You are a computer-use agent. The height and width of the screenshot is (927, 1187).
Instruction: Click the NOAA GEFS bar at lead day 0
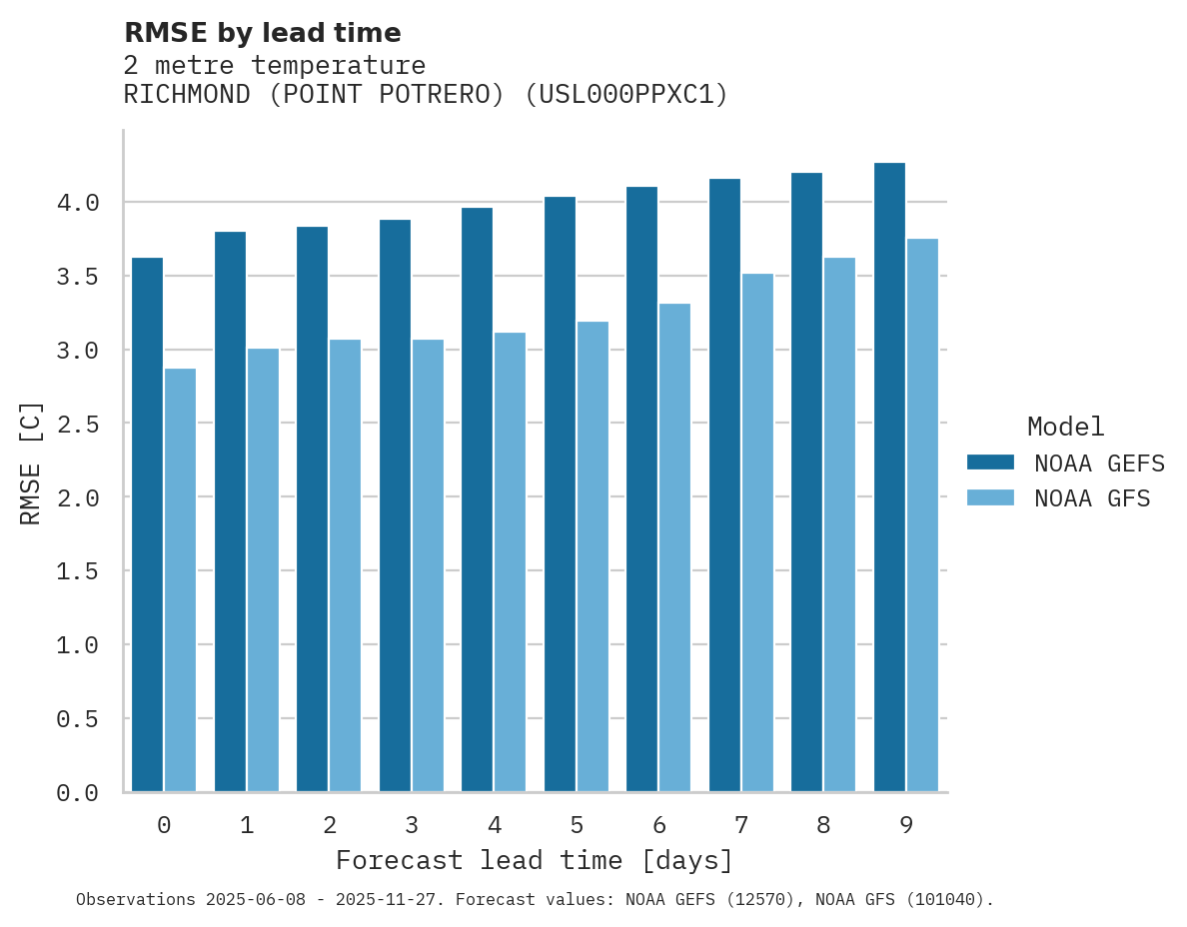click(x=147, y=524)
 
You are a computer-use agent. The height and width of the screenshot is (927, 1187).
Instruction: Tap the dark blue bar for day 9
click(x=889, y=477)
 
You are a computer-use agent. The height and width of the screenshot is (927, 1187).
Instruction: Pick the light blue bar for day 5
click(x=593, y=556)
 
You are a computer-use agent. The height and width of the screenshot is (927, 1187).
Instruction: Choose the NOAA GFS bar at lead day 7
click(x=757, y=532)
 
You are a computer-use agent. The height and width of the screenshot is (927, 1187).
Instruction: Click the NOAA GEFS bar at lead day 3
click(x=395, y=505)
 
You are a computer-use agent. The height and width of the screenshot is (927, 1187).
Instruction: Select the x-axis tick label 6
click(x=659, y=826)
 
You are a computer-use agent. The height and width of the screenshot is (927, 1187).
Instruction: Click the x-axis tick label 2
click(x=330, y=826)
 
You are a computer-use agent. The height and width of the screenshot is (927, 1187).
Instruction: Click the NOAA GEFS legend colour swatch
click(x=990, y=463)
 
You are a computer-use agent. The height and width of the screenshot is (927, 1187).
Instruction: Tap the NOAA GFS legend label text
click(x=1092, y=498)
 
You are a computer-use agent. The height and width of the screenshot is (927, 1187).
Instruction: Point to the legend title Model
click(x=1065, y=428)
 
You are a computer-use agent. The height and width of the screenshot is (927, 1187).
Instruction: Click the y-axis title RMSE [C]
click(x=31, y=463)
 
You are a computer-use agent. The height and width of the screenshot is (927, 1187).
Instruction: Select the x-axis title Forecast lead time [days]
click(x=535, y=861)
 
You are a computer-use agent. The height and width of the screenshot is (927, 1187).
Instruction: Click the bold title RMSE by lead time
click(x=262, y=34)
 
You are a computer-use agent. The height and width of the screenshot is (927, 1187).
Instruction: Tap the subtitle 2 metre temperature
click(x=275, y=66)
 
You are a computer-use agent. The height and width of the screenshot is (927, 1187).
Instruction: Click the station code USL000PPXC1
click(x=626, y=95)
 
